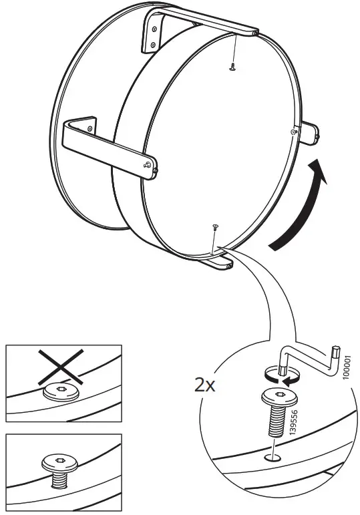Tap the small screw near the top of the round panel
(x=232, y=65)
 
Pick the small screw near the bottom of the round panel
(x=214, y=228)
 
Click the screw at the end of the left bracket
(x=148, y=164)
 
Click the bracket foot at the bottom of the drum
(x=219, y=265)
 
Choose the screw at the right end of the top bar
(x=254, y=31)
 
